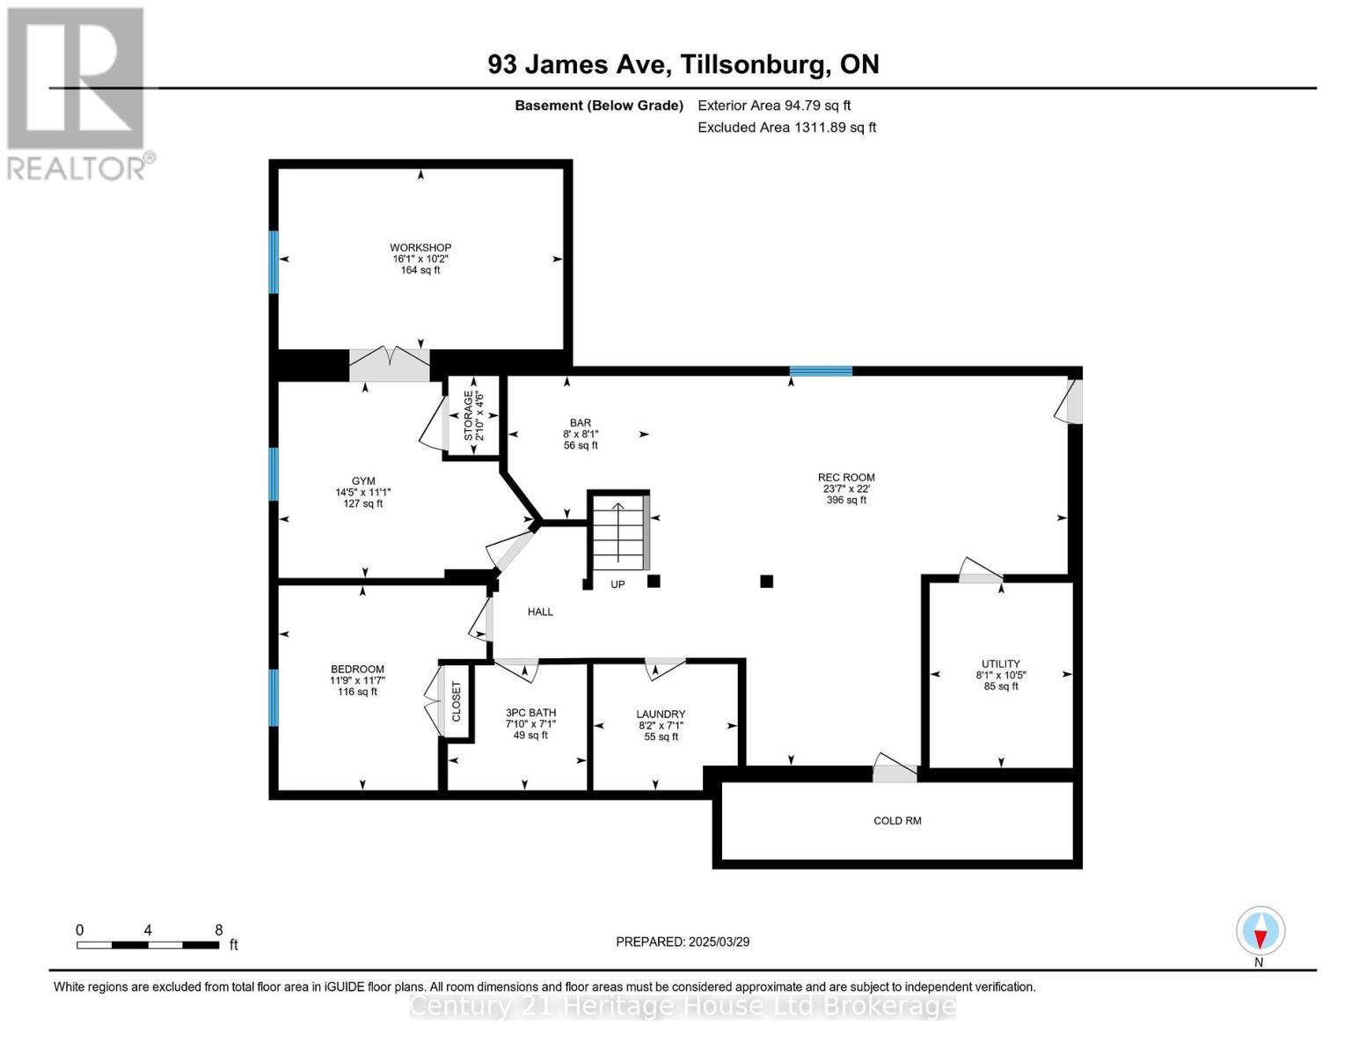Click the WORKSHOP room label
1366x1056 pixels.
420,248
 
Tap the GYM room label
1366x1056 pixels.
363,481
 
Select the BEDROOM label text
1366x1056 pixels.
357,670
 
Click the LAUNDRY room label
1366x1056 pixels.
661,715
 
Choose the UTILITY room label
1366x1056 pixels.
1000,664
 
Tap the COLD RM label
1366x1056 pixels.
897,821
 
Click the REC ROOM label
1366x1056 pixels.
846,478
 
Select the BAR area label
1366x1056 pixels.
581,423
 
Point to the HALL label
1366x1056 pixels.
540,612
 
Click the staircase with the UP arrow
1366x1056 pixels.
618,534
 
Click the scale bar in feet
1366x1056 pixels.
148,945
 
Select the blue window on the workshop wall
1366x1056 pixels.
274,261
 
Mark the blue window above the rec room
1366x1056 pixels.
821,371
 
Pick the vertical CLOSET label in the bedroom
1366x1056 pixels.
457,701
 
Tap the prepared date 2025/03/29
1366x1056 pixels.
683,942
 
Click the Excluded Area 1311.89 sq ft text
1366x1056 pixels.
786,128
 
